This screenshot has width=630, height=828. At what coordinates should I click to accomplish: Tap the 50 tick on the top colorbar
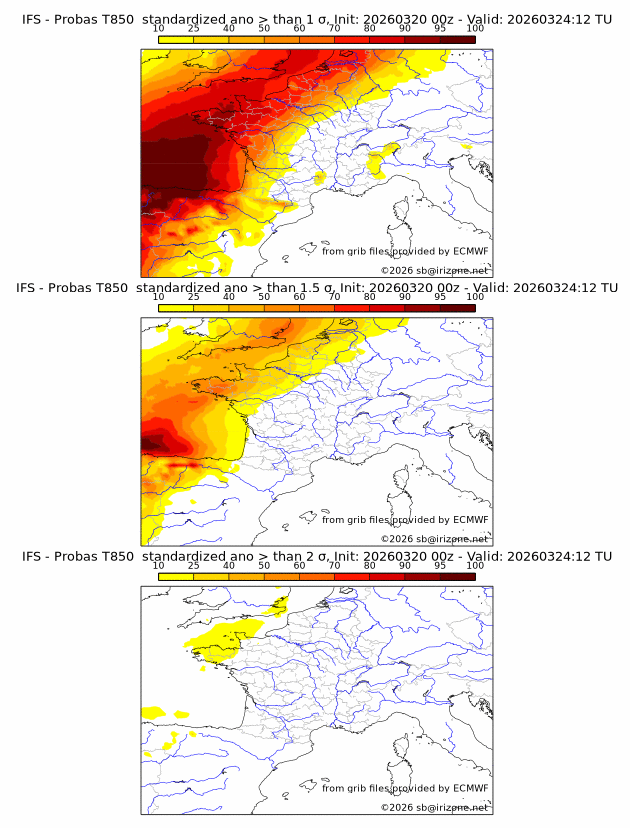pyautogui.click(x=264, y=28)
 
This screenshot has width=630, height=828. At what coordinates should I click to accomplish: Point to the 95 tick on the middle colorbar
pyautogui.click(x=440, y=297)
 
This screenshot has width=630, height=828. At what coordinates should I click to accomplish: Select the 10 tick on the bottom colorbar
pyautogui.click(x=159, y=566)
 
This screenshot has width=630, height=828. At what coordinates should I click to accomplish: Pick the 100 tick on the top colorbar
pyautogui.click(x=475, y=28)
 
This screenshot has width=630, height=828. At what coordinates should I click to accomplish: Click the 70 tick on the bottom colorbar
pyautogui.click(x=334, y=566)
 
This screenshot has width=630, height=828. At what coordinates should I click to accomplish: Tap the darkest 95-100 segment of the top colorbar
pyautogui.click(x=457, y=40)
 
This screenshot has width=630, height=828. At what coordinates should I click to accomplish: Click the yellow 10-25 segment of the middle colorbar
pyautogui.click(x=176, y=308)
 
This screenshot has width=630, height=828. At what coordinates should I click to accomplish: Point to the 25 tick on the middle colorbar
pyautogui.click(x=194, y=297)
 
